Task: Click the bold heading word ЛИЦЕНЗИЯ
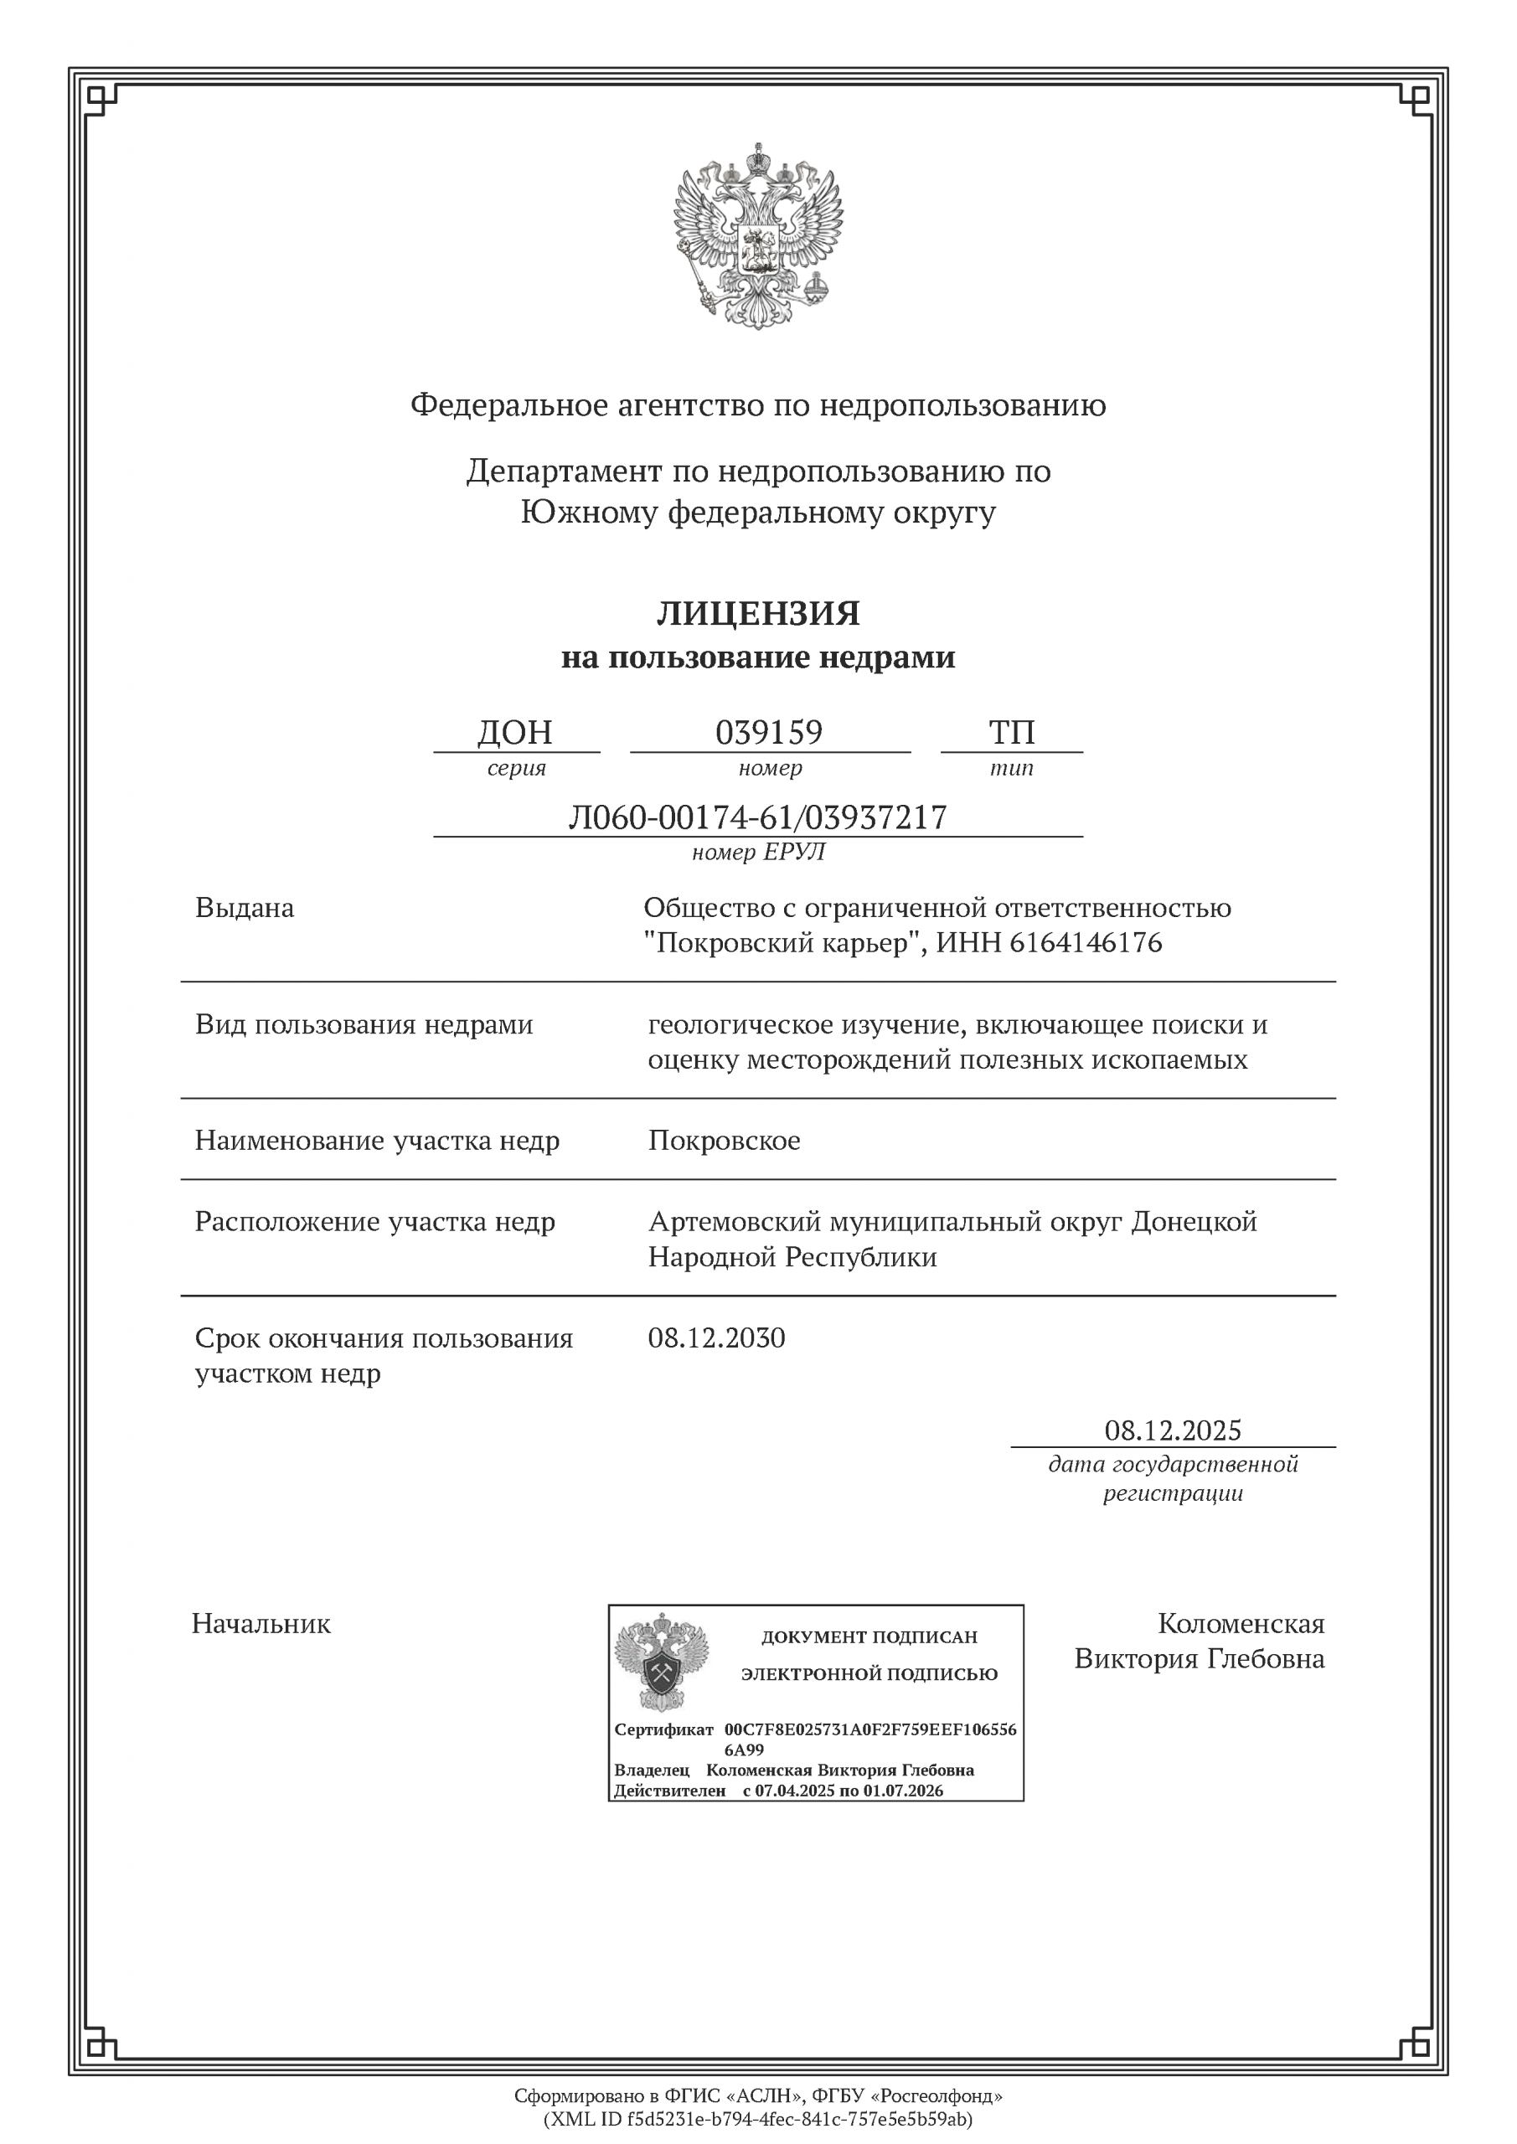(757, 614)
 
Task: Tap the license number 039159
(769, 732)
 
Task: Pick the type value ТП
(1012, 732)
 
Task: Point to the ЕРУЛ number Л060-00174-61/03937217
(757, 817)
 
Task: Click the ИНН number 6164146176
(1086, 943)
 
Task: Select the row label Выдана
(245, 908)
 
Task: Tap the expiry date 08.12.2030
(716, 1338)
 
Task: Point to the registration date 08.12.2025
(1173, 1430)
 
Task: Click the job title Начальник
(261, 1624)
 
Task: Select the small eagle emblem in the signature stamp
(662, 1662)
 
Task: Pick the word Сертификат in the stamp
(663, 1729)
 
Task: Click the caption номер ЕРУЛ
(757, 852)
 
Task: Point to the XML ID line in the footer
(757, 2120)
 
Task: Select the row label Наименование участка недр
(378, 1142)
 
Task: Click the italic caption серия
(516, 768)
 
